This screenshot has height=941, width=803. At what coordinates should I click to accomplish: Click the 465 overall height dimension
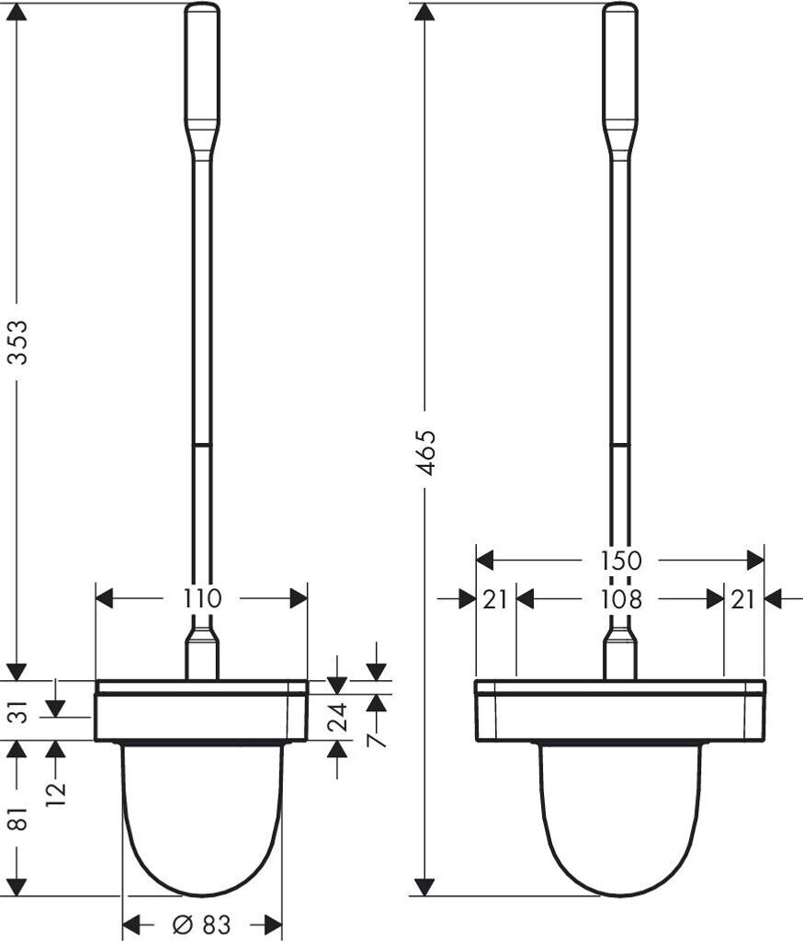(x=424, y=451)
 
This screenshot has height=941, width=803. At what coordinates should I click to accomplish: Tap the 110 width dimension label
(x=202, y=598)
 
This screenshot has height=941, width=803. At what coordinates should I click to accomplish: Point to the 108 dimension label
(x=622, y=599)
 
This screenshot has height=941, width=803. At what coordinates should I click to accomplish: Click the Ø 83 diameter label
(x=201, y=924)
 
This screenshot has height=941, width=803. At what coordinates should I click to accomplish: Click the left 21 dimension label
(x=495, y=599)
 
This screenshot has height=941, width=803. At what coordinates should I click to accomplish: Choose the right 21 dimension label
(x=743, y=599)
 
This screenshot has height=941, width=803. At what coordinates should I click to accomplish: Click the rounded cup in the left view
(x=202, y=818)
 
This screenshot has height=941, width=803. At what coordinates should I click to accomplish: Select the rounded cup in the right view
(x=620, y=818)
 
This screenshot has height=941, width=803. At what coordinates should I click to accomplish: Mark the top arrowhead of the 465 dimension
(x=424, y=13)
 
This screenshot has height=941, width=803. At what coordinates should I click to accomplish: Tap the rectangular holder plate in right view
(x=620, y=711)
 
